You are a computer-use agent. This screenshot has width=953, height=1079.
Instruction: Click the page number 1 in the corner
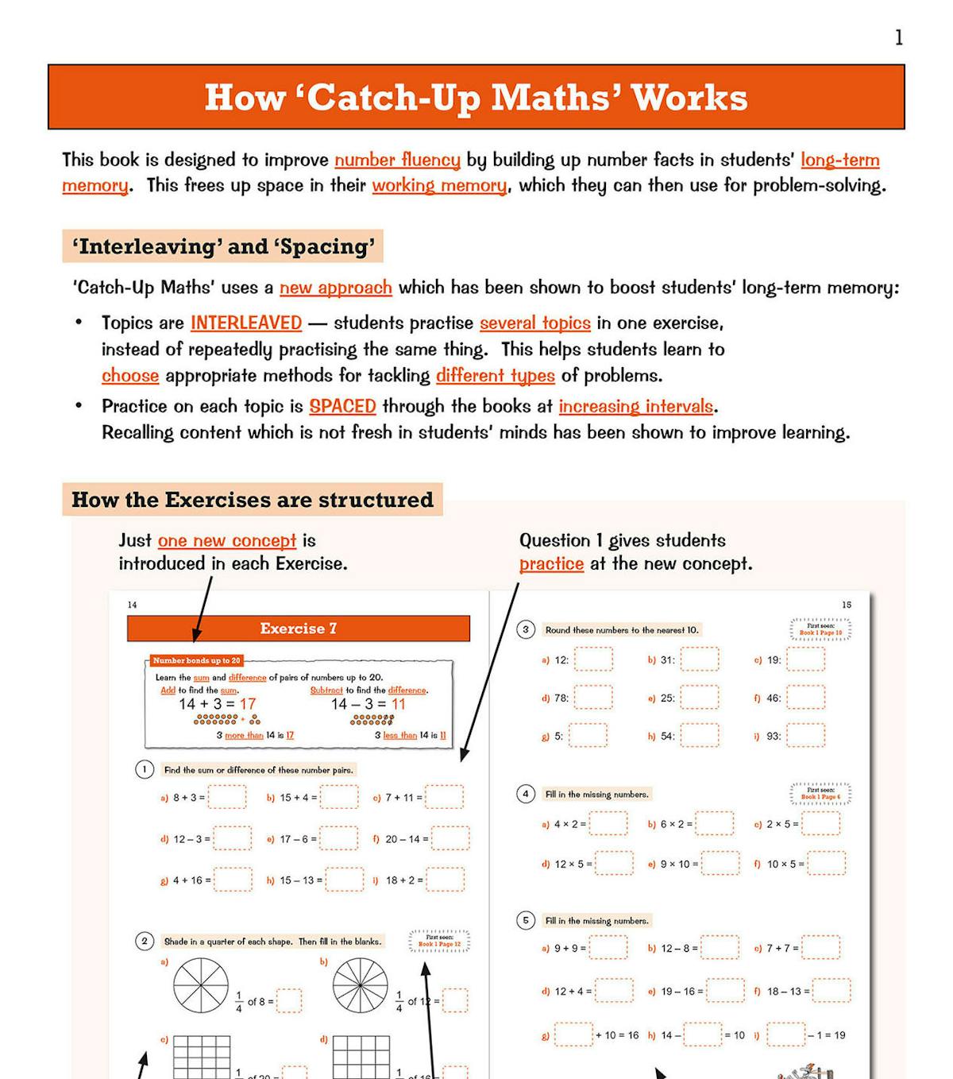[898, 37]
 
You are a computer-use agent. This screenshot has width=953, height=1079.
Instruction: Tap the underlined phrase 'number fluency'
[397, 160]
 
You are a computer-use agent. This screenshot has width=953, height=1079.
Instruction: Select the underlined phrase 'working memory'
[439, 185]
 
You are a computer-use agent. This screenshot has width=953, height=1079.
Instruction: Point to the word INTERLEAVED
[246, 323]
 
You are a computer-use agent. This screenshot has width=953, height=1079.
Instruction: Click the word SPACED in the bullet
[342, 406]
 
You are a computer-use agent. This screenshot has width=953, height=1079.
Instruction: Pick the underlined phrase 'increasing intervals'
[636, 406]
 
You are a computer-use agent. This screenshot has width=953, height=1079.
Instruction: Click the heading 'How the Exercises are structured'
[253, 500]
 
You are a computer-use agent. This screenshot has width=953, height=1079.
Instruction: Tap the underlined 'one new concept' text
[227, 540]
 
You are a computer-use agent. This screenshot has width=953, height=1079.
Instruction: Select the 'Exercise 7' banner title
[299, 628]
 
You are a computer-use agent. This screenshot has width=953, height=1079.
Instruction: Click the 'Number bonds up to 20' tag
[196, 660]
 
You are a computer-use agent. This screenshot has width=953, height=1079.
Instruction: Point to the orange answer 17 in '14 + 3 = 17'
[248, 704]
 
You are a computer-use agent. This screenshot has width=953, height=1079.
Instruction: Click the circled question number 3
[526, 629]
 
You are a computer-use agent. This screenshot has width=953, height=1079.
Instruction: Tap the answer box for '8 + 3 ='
[227, 797]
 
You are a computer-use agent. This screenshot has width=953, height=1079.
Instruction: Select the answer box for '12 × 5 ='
[614, 864]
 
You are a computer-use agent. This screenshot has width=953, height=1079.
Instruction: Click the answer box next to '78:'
[593, 698]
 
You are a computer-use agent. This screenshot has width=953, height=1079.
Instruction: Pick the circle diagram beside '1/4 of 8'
[201, 985]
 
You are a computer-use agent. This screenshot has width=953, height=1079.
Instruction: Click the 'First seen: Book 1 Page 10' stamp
[820, 629]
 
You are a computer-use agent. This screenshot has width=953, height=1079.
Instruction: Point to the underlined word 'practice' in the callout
[551, 564]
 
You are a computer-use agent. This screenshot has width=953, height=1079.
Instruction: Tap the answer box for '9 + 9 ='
[608, 948]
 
